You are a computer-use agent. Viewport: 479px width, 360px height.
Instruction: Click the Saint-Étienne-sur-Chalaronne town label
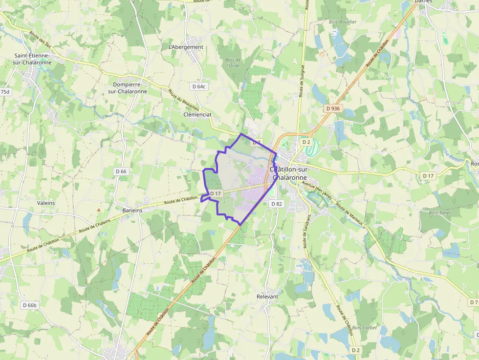point(32,59)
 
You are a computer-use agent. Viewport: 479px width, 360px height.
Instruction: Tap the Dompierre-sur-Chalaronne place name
point(127,88)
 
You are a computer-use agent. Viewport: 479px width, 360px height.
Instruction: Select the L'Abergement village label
point(185,47)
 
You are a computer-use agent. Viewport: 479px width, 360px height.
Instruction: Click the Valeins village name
point(46,203)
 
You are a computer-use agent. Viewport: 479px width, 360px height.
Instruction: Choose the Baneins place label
point(132,210)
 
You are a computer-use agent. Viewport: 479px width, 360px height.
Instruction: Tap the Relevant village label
point(267,296)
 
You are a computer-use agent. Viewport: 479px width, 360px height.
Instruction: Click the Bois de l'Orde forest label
point(233,63)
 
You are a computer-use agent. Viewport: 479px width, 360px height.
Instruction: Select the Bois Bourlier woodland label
point(343,22)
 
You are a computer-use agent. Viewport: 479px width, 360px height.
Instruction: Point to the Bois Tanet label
point(438,213)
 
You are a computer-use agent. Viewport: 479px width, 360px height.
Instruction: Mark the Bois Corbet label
point(365,328)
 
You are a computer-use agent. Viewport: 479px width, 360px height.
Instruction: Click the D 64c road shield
point(199,86)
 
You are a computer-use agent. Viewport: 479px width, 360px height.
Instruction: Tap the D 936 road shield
point(332,108)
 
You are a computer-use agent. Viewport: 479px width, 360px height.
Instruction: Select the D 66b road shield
point(29,305)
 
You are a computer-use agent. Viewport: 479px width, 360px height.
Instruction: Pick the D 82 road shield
point(276,204)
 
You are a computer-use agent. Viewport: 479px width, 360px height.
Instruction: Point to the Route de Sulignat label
point(303,81)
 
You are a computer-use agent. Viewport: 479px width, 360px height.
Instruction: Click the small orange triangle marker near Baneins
point(99,210)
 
